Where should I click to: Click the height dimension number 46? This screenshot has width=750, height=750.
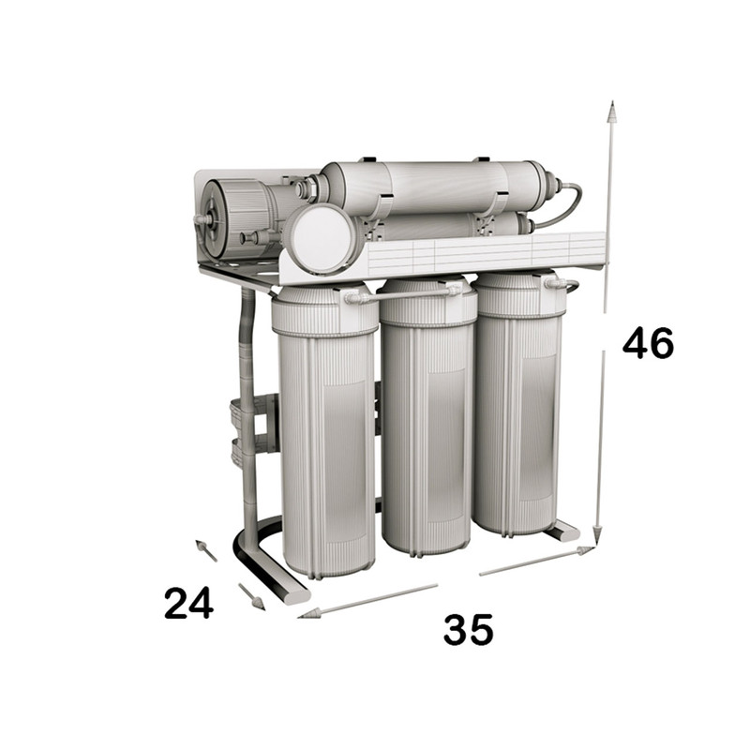pos(648,342)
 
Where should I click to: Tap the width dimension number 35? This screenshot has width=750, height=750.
pos(468,628)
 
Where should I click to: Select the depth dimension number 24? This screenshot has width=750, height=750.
pos(188,604)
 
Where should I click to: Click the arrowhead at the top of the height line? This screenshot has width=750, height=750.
pos(611,111)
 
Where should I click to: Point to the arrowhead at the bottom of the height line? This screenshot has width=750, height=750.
pos(597,535)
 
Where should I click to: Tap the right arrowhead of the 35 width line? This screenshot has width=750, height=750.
pos(587,550)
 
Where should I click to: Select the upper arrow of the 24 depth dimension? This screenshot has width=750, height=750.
pos(206,550)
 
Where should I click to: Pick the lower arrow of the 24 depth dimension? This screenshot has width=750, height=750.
pos(251,596)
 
